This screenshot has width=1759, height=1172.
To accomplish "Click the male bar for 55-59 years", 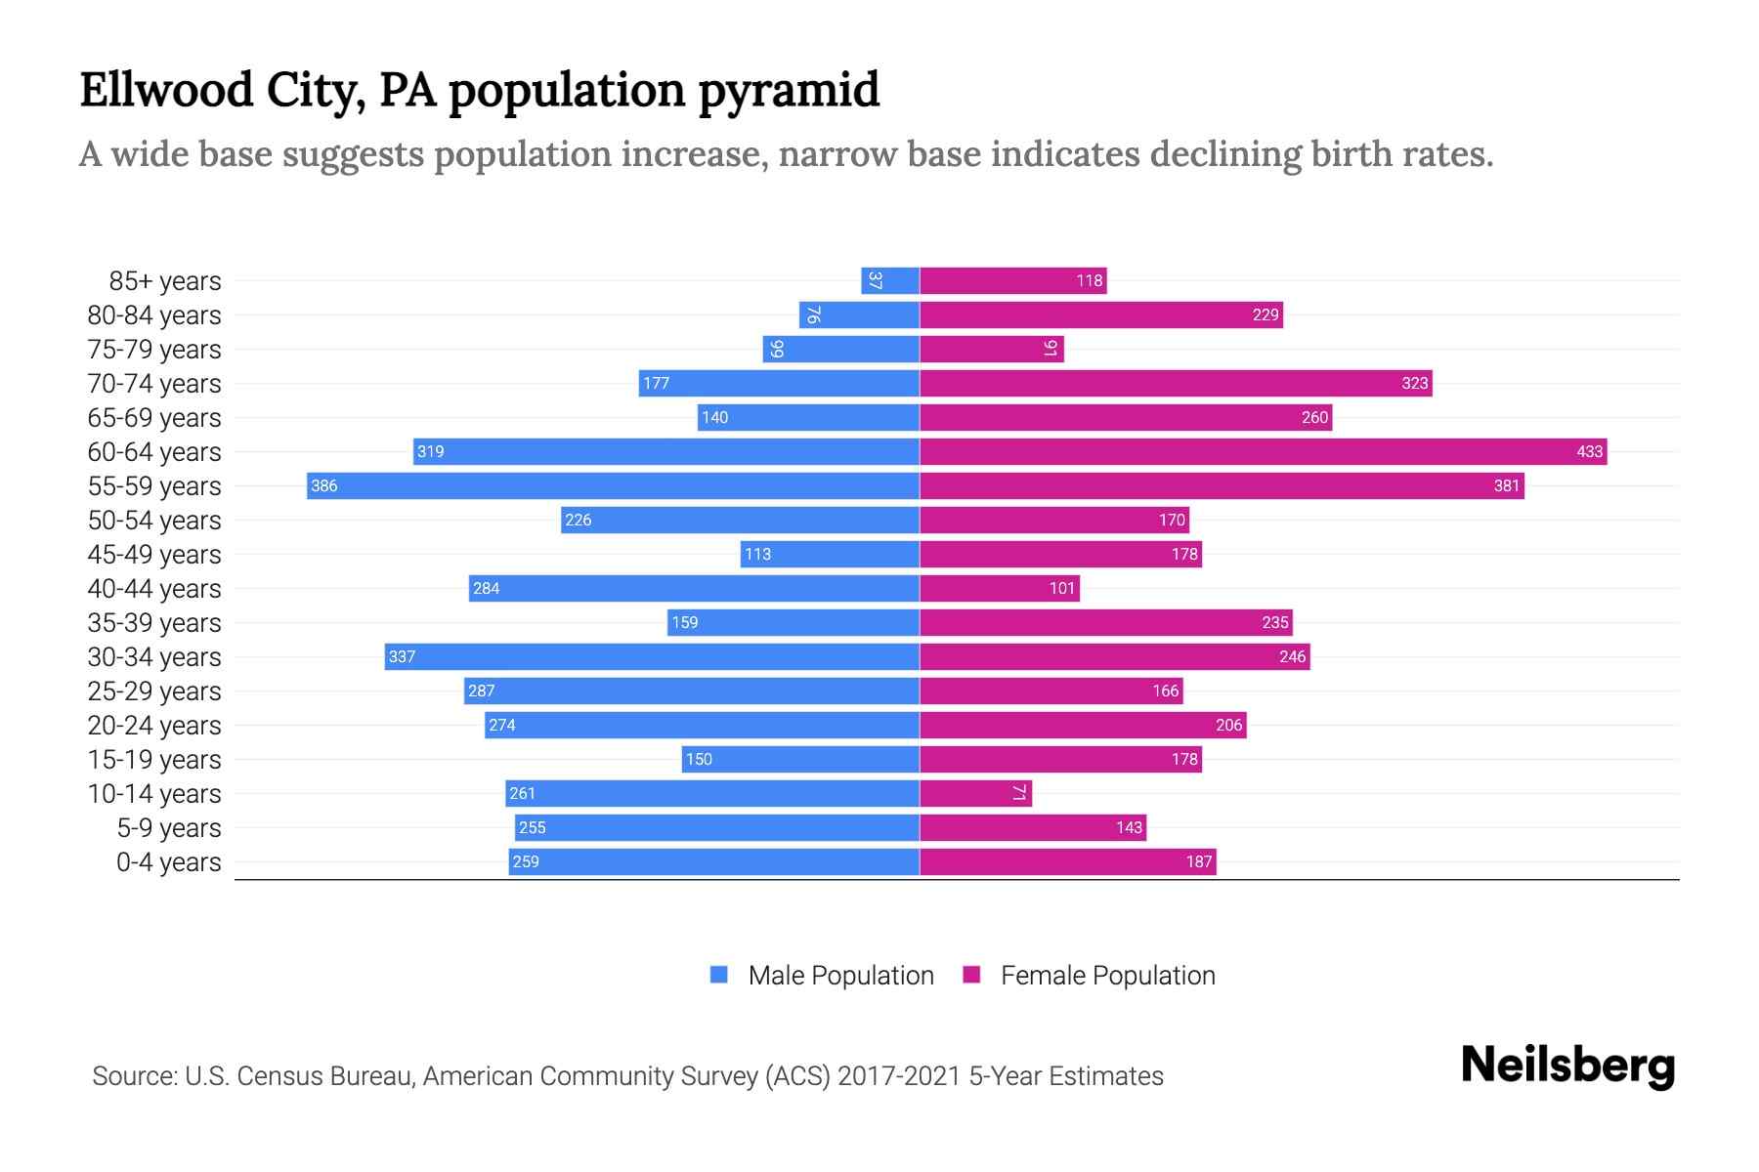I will coord(613,485).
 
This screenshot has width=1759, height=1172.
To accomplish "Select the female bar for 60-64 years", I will coord(1263,451).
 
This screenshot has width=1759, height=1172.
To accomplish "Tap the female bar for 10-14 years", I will coord(975,793).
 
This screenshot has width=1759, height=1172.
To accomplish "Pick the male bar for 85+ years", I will coord(890,280).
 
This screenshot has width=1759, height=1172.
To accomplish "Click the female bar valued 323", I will coord(1176,383).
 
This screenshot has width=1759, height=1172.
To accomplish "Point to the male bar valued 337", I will coord(652,656).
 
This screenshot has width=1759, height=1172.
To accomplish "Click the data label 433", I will coord(1589,451).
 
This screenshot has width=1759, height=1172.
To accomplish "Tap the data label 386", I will coord(323,485).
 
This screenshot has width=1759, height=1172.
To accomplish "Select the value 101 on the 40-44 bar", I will coord(1061,588).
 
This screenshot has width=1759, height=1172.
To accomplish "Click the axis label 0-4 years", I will coord(168,862).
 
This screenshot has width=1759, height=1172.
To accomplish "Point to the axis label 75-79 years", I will coord(154,350).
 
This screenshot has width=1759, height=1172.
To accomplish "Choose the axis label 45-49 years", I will coord(154,555).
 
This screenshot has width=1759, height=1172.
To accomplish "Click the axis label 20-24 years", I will coord(154,726).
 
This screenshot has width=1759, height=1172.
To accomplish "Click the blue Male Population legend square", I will coord(719,975).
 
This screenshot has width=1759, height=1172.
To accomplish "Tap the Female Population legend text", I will coord(1107,975).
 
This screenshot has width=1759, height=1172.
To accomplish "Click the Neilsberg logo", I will coord(1567,1066).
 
